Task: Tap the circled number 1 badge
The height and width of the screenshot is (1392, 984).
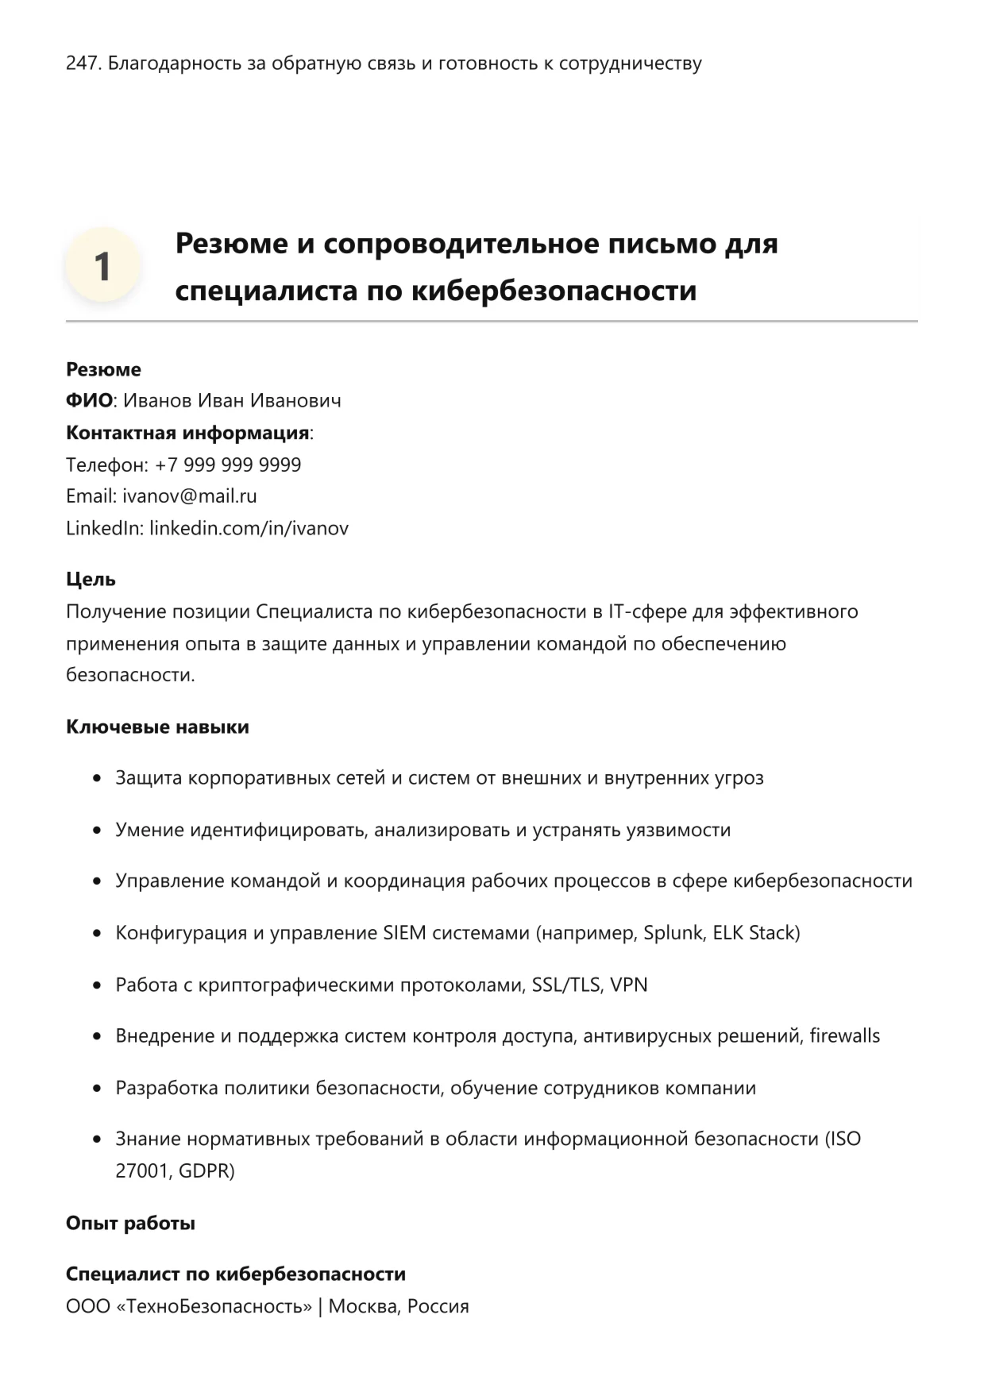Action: [x=102, y=266]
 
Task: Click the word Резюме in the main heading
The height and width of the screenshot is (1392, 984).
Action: [x=231, y=243]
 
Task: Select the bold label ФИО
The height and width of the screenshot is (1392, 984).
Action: [x=89, y=401]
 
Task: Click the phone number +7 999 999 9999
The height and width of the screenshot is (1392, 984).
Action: [x=228, y=465]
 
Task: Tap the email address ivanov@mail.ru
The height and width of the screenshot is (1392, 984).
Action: [x=189, y=496]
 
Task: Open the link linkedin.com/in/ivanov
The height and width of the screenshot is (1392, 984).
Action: [x=249, y=528]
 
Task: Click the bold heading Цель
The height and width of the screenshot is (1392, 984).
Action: [x=91, y=580]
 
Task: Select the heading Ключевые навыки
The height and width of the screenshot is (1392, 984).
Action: [x=157, y=727]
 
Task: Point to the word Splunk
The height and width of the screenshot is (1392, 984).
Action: [x=673, y=932]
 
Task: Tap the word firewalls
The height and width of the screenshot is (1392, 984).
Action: [x=844, y=1035]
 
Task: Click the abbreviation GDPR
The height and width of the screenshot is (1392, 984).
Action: [x=206, y=1170]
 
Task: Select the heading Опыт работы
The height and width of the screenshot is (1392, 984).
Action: [x=130, y=1223]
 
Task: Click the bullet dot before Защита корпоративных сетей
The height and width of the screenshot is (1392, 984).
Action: [x=97, y=778]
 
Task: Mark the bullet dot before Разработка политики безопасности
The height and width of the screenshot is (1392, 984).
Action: [x=97, y=1088]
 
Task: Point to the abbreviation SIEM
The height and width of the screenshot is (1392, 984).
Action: [x=404, y=932]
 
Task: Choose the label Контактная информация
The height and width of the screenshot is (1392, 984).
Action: [x=187, y=433]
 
